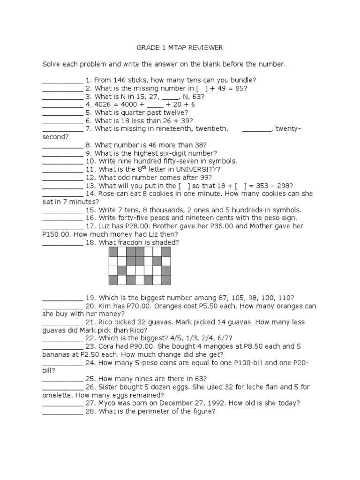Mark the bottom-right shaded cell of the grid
click(166, 280)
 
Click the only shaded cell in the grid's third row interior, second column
click(122, 271)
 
